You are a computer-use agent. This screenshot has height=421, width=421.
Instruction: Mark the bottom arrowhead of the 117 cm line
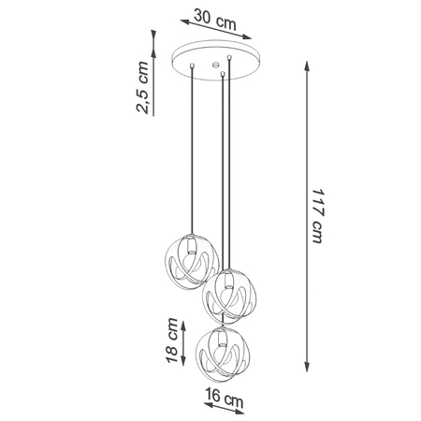tap(307, 375)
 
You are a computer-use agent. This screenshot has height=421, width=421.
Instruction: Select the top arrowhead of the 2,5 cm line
tap(152, 31)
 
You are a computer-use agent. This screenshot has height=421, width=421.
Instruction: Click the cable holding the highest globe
tap(192, 150)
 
